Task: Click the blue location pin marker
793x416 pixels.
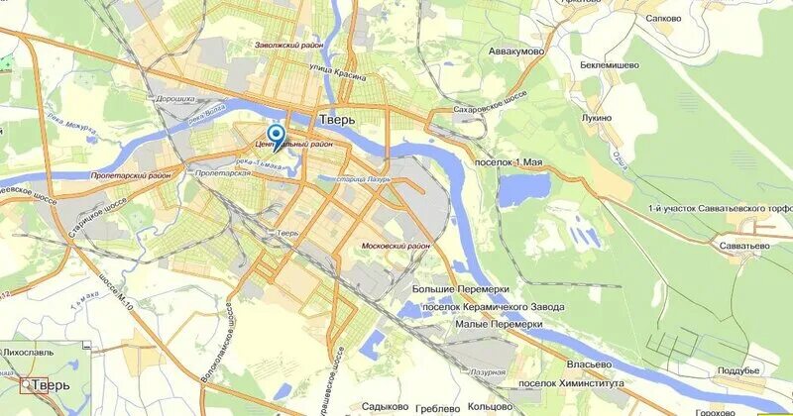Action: click(277, 136)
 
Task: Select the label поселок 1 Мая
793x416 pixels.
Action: click(510, 160)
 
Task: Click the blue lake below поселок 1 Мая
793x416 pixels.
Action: click(522, 189)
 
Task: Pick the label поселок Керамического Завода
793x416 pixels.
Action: click(492, 307)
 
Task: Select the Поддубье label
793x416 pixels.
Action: click(737, 370)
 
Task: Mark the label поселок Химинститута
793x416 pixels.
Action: click(571, 382)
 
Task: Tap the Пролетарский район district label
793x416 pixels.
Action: click(129, 175)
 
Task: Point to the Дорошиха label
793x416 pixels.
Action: click(176, 99)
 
